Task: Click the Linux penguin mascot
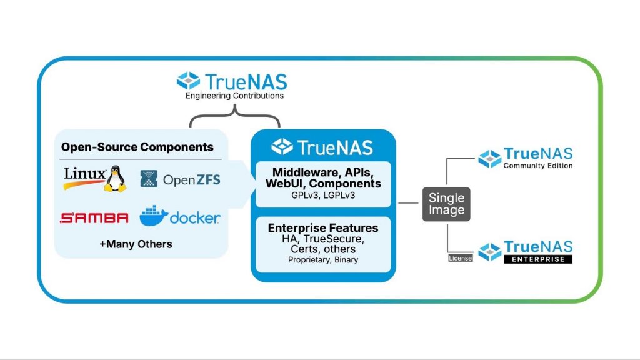[x=114, y=179]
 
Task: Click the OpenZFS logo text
[x=192, y=180]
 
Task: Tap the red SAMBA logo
[x=94, y=218]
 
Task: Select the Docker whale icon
[x=153, y=216]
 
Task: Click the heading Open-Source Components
[x=137, y=147]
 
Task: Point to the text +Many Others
[x=136, y=243]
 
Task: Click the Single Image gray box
[x=446, y=204]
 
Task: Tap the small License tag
[x=459, y=257]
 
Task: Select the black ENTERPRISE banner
[x=538, y=259]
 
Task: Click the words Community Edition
[x=538, y=166]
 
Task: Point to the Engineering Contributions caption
[x=234, y=96]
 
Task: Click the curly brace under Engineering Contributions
[x=234, y=116]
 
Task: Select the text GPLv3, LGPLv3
[x=322, y=196]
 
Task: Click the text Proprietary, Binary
[x=323, y=260]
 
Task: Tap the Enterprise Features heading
[x=323, y=228]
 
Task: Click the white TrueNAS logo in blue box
[x=322, y=147]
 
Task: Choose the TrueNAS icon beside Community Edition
[x=490, y=159]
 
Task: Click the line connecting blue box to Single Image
[x=409, y=203]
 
